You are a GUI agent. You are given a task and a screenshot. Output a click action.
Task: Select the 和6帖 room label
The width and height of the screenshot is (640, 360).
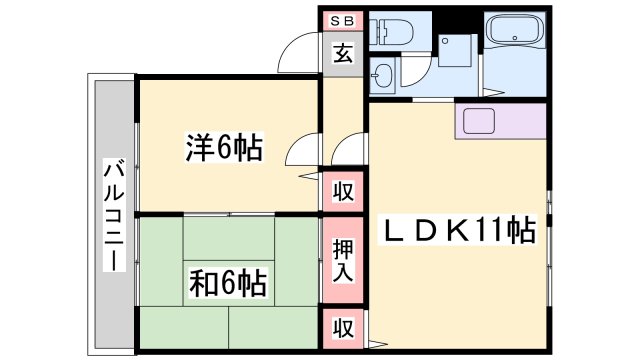(227, 284)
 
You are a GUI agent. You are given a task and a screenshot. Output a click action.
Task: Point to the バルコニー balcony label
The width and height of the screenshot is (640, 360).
(113, 214)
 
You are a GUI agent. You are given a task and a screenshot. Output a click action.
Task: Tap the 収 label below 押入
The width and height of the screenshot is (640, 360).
(342, 327)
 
